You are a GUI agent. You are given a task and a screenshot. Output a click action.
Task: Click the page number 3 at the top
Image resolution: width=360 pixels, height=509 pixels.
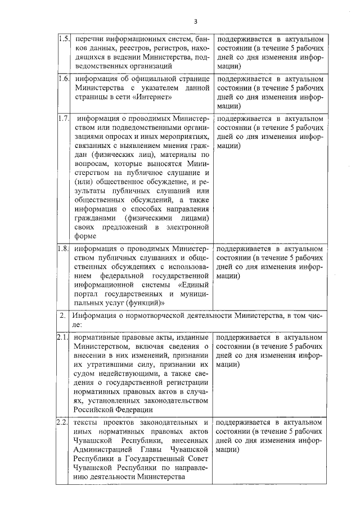(195, 21)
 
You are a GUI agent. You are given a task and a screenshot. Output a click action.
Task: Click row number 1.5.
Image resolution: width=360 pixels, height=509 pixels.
(64, 40)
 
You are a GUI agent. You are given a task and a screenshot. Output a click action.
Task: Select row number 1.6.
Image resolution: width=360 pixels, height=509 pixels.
(64, 79)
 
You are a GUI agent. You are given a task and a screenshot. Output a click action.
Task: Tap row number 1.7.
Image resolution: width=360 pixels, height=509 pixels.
(64, 119)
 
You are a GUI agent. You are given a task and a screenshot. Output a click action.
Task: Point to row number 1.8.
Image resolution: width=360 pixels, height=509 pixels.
(64, 247)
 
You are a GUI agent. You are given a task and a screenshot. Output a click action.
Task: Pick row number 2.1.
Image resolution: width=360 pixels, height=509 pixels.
(64, 337)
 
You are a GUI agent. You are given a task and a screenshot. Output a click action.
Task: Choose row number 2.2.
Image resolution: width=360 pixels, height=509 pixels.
(64, 422)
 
